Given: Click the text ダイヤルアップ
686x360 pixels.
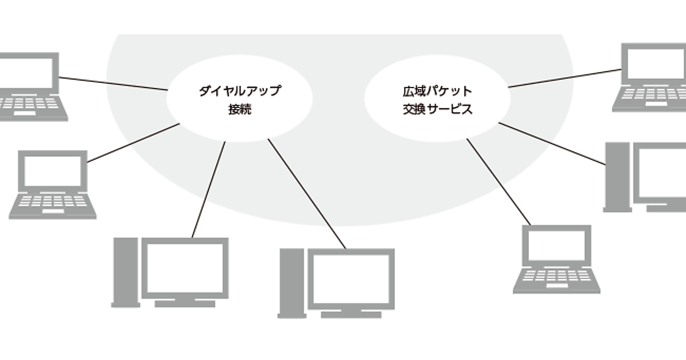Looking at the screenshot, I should tap(240, 91).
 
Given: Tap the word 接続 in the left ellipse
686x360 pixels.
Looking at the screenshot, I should tap(240, 109).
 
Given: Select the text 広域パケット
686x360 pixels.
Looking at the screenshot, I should tap(437, 91).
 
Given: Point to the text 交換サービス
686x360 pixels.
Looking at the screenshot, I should tap(437, 109).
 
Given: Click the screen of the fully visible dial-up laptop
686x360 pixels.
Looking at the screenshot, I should tap(53, 171).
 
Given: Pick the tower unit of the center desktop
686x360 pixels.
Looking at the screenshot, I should tap(290, 282).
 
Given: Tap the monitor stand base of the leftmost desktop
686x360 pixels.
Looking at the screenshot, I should tap(185, 303).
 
